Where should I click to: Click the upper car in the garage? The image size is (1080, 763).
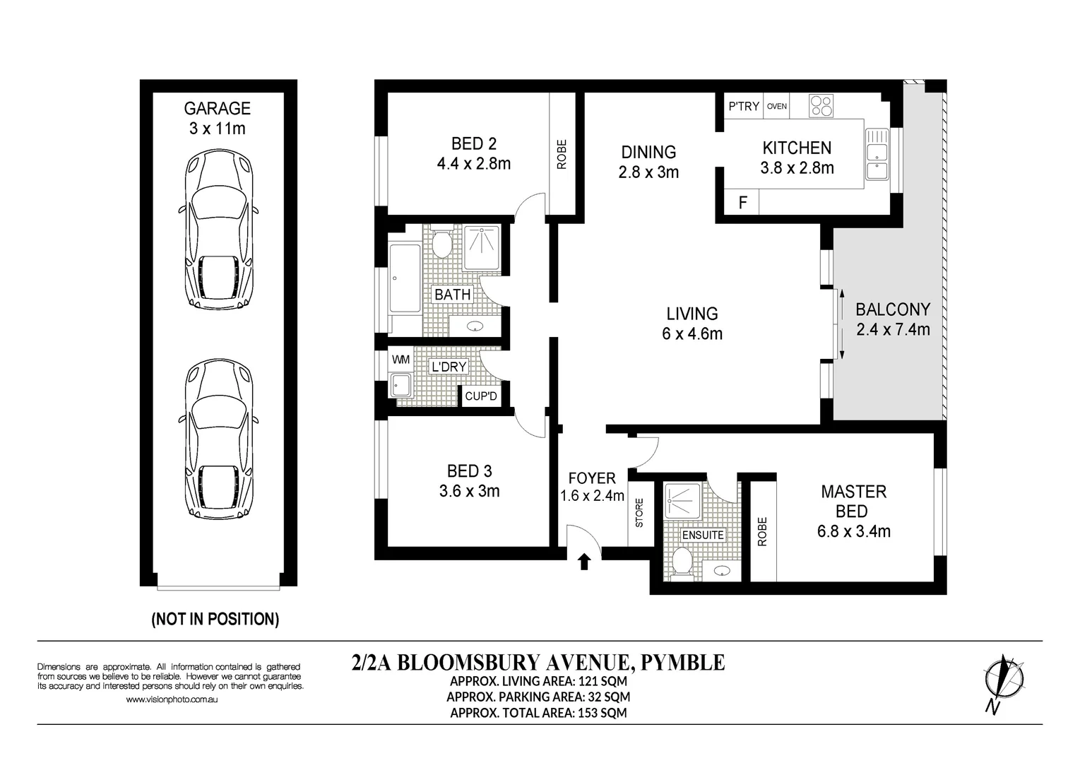(218, 230)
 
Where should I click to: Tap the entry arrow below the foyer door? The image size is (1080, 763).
(584, 562)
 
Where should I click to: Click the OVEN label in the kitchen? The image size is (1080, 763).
(777, 107)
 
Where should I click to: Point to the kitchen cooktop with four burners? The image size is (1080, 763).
(821, 106)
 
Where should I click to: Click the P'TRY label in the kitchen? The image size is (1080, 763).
(743, 107)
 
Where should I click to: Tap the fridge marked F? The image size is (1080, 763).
(742, 203)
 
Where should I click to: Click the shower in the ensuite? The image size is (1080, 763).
(682, 501)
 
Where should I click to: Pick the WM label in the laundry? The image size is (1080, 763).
(400, 360)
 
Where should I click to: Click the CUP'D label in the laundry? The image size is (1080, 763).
(481, 396)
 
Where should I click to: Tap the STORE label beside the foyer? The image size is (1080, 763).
(639, 513)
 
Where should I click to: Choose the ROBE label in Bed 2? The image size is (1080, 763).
(562, 155)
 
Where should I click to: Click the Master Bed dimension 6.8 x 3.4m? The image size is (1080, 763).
(853, 531)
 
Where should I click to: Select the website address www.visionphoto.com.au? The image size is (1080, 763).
(171, 699)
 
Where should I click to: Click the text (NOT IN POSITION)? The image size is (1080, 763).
(215, 620)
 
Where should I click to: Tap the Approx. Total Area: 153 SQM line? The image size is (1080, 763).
(538, 713)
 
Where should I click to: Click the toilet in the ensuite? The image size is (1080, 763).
(682, 562)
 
